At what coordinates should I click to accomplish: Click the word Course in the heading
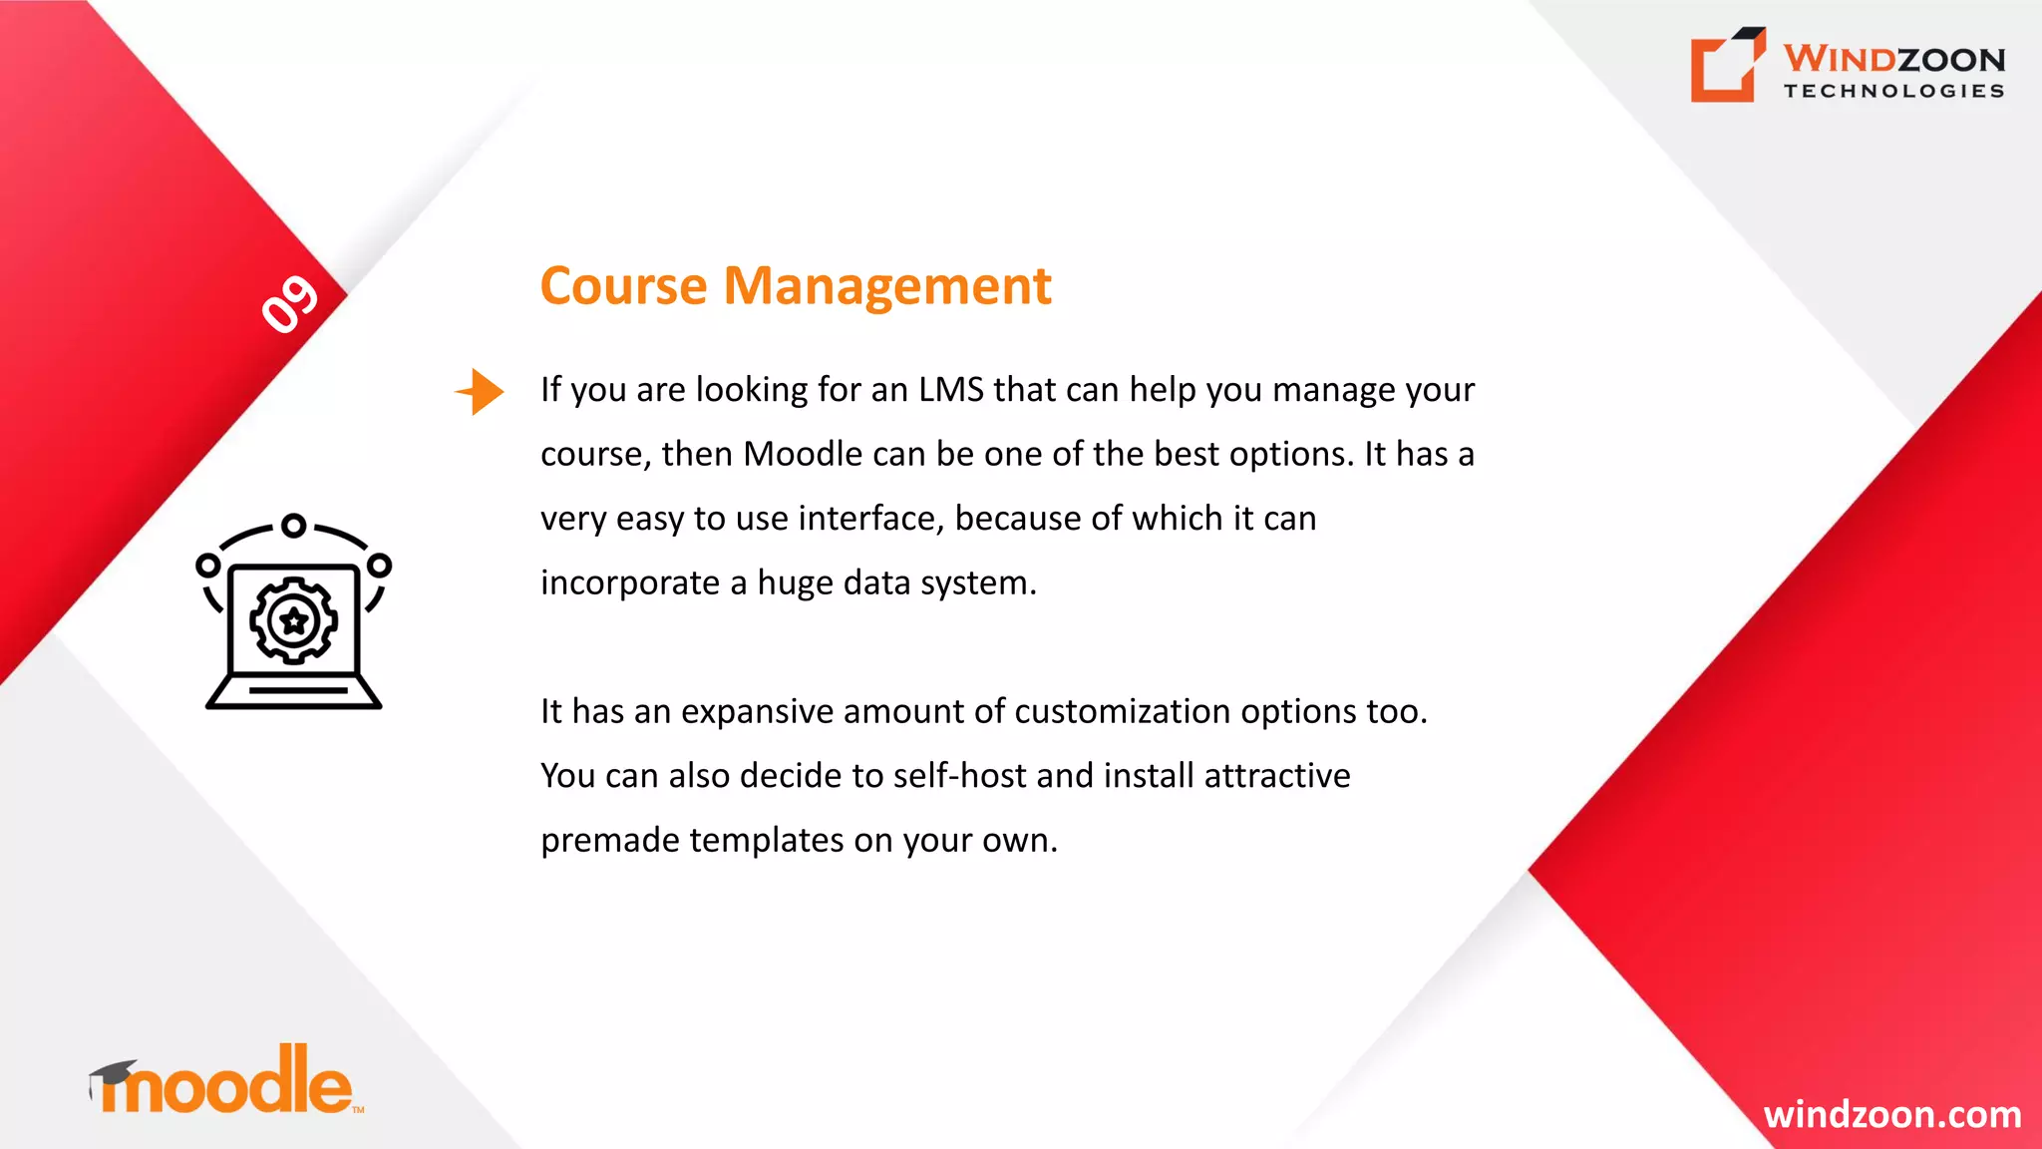click(623, 287)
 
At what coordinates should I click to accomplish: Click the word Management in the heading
click(886, 287)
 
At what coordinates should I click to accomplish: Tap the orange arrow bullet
click(481, 391)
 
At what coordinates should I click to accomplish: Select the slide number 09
click(290, 303)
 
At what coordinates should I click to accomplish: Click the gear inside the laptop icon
click(293, 620)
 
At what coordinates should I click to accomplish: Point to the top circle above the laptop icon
click(293, 526)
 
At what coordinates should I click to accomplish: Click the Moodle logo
click(227, 1083)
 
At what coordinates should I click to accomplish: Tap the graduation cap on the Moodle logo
click(113, 1073)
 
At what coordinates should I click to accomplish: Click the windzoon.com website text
click(1891, 1114)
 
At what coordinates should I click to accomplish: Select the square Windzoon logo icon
click(1726, 66)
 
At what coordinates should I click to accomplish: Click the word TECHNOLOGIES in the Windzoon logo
click(1893, 91)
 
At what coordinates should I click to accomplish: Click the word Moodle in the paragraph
click(803, 455)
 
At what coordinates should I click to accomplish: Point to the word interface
click(869, 519)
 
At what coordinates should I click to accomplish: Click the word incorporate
click(630, 583)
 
